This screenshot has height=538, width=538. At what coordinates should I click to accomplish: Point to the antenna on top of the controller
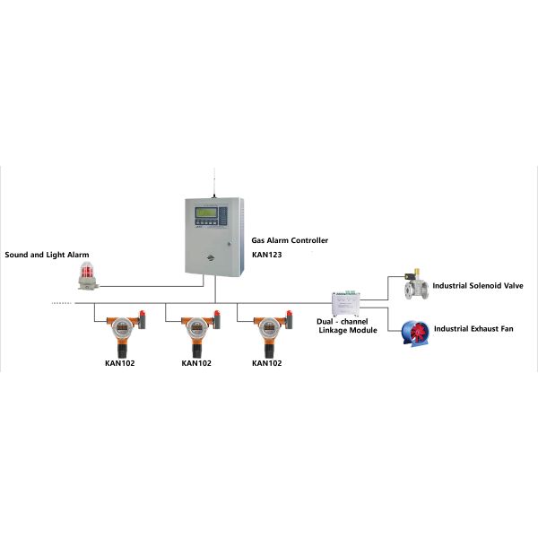(x=215, y=179)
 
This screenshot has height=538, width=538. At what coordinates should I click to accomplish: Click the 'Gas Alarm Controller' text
(x=290, y=240)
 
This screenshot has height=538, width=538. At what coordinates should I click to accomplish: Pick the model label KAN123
(x=266, y=255)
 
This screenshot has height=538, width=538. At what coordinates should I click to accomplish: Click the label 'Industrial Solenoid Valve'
(x=477, y=286)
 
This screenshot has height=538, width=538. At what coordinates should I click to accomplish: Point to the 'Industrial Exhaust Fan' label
(x=473, y=330)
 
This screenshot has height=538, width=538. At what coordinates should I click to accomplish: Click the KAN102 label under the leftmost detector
(x=120, y=364)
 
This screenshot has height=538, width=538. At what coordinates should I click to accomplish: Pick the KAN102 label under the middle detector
(x=195, y=364)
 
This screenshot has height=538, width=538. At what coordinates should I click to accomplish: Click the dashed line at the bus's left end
(x=61, y=302)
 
